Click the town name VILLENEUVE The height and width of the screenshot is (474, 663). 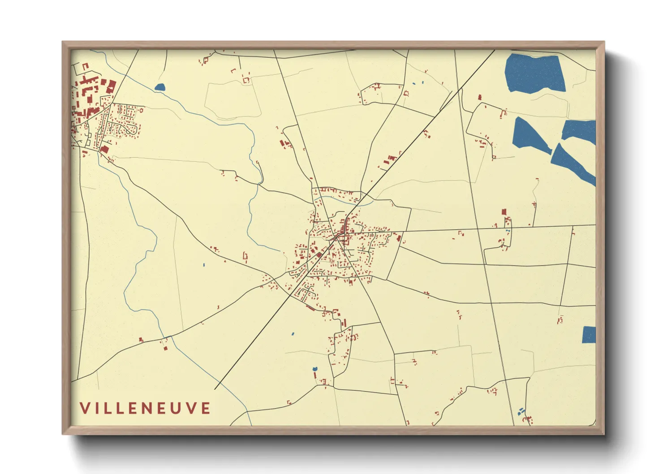pos(145,408)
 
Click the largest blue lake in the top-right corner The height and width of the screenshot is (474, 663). pos(534,73)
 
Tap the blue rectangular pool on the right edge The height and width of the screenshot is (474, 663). pos(589,335)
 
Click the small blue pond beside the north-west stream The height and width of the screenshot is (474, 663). pos(159,87)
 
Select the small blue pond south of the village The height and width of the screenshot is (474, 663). pos(314,369)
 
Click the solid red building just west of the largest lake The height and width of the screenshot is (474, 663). pos(480,97)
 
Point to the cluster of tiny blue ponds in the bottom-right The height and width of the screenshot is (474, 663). pos(521,411)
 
